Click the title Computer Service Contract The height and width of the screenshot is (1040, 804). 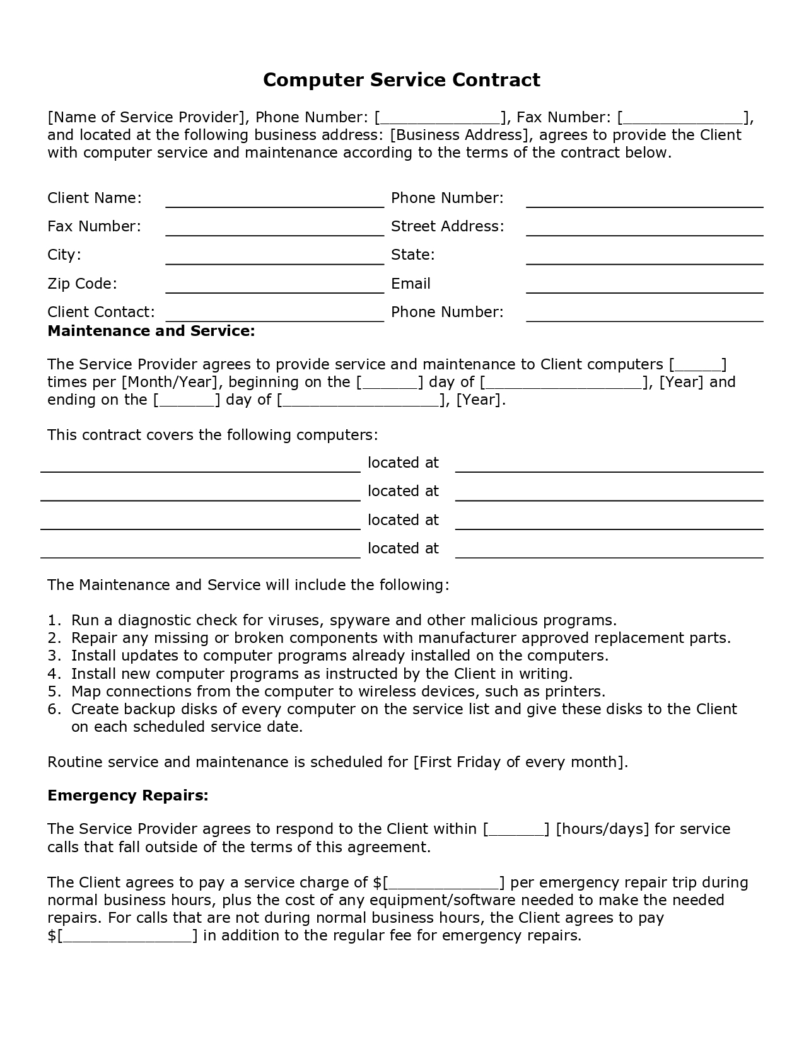[x=402, y=80]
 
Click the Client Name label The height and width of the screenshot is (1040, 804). [x=95, y=198]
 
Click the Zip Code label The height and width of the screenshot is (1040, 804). [x=82, y=284]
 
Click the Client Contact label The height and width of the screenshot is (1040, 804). [x=101, y=312]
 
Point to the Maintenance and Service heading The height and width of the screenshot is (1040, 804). [x=151, y=331]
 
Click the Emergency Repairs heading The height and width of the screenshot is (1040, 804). [x=128, y=795]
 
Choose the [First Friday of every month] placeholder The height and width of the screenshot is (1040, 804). [x=520, y=762]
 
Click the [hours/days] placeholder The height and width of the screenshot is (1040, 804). [x=602, y=829]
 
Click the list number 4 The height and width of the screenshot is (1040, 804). [x=54, y=674]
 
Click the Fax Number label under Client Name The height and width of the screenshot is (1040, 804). [x=95, y=226]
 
